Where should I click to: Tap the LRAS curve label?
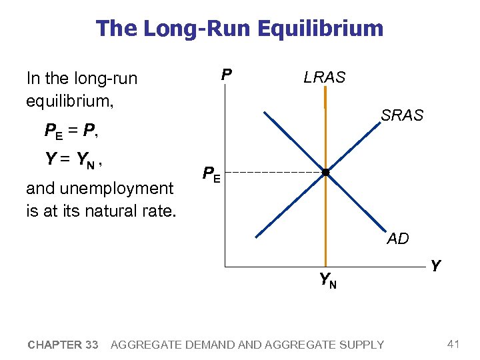(325, 77)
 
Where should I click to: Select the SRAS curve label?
(402, 115)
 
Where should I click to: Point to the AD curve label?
(398, 239)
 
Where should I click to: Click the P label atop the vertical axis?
(227, 73)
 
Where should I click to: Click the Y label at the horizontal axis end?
(435, 266)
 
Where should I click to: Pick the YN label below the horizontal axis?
(327, 281)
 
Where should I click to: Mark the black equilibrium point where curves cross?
(325, 173)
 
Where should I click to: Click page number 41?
(454, 344)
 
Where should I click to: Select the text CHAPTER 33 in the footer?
(63, 345)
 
